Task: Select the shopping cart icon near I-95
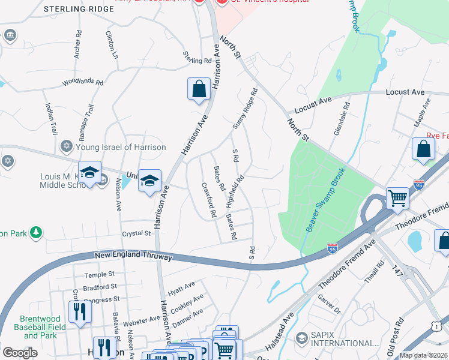tap(397, 197)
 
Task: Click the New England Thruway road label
tap(133, 256)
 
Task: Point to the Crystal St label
tap(136, 233)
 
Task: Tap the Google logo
tap(20, 353)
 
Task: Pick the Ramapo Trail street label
tap(86, 119)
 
